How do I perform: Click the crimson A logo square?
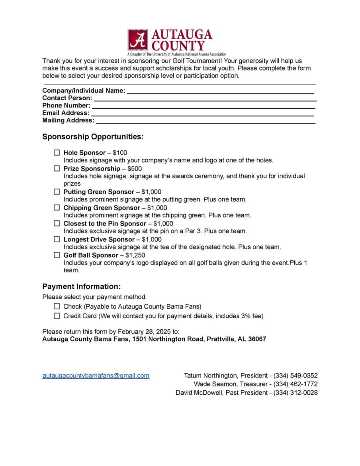point(138,39)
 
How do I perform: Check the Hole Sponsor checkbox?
point(57,153)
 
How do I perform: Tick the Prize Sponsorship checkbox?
point(57,168)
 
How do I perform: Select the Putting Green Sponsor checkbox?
point(57,192)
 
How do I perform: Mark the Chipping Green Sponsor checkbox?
point(57,208)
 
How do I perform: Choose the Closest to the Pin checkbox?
point(57,223)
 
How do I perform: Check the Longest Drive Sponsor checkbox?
point(57,239)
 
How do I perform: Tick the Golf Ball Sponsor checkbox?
point(57,255)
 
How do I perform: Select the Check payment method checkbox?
point(57,306)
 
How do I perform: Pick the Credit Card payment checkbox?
point(57,316)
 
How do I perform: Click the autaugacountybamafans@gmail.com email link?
point(96,376)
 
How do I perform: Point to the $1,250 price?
point(135,255)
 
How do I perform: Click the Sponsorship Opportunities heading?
point(93,137)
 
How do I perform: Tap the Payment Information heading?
point(81,286)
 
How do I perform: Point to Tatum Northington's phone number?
point(295,376)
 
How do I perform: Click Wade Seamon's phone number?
point(295,384)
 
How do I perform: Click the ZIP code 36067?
point(257,339)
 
